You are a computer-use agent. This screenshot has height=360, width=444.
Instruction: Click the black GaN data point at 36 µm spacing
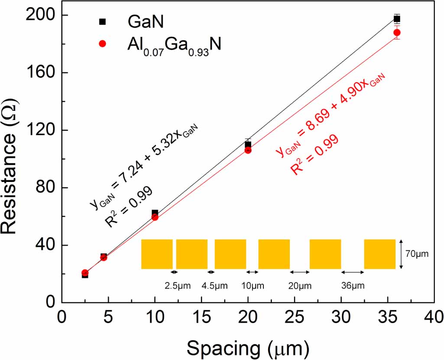pos(397,19)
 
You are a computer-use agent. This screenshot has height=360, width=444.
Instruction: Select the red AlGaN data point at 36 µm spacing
pos(397,32)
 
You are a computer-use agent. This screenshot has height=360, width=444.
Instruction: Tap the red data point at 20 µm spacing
pos(248,150)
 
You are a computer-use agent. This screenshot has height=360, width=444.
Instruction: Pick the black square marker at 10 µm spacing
pos(155,213)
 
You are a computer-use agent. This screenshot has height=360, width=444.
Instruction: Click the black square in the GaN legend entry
pos(103,21)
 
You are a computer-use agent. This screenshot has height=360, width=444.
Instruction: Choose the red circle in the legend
pos(103,43)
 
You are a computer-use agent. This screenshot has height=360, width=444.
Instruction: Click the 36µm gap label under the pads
pos(353,285)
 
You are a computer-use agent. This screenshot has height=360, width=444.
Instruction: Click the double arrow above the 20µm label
pos(300,272)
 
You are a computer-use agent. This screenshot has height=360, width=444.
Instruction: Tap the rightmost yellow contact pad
pos(380,254)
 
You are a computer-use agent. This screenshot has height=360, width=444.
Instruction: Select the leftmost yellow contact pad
pos(157,254)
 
